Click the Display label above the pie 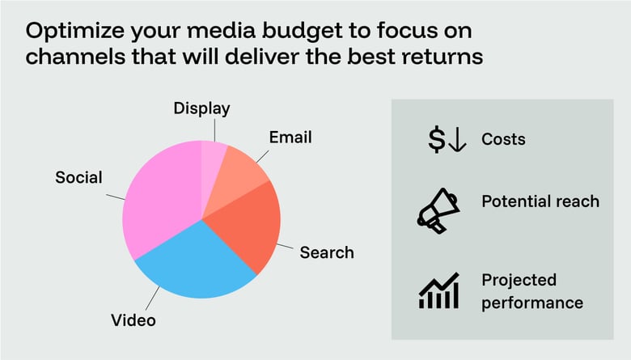(x=202, y=108)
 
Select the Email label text (x=290, y=137)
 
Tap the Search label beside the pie (x=327, y=252)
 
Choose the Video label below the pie (x=133, y=320)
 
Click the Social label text (x=78, y=176)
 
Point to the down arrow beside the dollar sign (x=457, y=140)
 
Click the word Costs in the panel (x=503, y=139)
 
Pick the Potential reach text (x=540, y=201)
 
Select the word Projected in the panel (x=519, y=280)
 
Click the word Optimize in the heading (x=72, y=33)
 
